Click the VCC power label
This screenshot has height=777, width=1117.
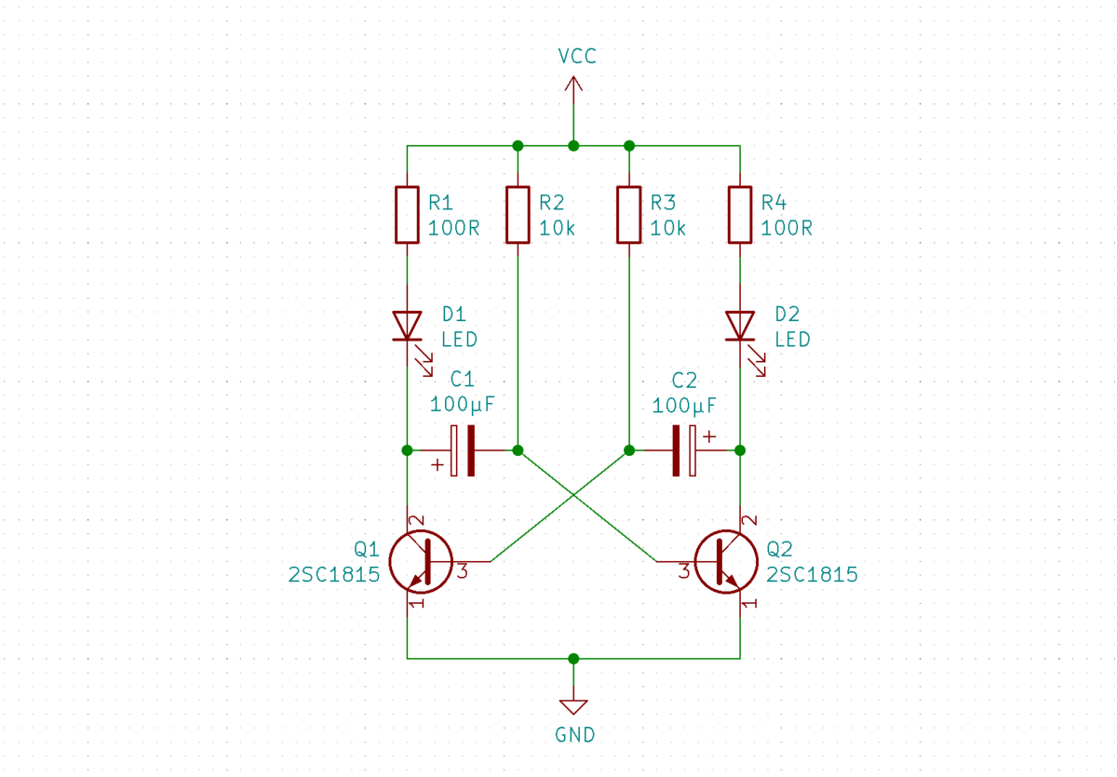(577, 57)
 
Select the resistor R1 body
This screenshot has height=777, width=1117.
(407, 215)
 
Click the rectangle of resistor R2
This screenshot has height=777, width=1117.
(518, 215)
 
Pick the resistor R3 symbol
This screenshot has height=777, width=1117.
(629, 215)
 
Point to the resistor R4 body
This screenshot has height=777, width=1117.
(740, 215)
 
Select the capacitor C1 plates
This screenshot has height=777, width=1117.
(463, 450)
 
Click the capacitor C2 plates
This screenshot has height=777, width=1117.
(684, 450)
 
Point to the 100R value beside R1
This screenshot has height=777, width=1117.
(453, 228)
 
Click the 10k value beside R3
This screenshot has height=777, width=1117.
(667, 228)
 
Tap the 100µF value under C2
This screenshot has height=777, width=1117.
(684, 406)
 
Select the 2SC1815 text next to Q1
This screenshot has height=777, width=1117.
(334, 575)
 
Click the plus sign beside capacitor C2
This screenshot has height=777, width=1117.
(709, 437)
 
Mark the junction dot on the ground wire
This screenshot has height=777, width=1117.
(573, 659)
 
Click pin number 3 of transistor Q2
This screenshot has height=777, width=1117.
(684, 571)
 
